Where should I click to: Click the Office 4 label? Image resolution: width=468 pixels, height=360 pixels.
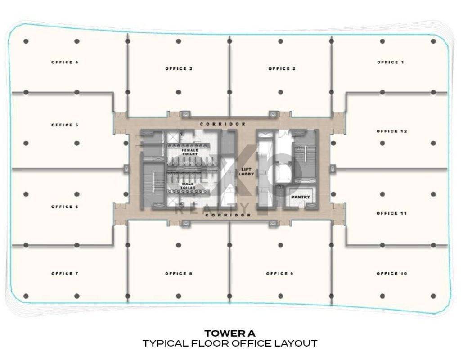click(x=65, y=62)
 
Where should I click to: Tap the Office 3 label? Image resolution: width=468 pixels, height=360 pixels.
click(x=179, y=69)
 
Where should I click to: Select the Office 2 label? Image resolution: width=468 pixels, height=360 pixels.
click(x=282, y=69)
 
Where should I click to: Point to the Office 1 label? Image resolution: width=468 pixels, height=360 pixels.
click(x=391, y=62)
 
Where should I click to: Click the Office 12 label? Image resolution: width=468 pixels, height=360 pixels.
click(x=391, y=131)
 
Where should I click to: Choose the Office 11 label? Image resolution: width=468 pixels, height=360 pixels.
click(x=391, y=213)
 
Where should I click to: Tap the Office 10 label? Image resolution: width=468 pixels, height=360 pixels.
click(x=391, y=274)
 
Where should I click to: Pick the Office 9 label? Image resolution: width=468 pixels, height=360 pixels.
click(x=279, y=274)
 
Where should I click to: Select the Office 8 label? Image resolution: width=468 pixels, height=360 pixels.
click(x=179, y=274)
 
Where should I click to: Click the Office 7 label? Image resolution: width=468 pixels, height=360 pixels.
click(x=65, y=274)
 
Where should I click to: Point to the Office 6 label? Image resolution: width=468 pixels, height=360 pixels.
click(x=65, y=207)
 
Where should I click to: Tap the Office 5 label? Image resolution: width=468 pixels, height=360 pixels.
click(x=65, y=125)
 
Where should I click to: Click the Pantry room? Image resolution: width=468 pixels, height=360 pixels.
click(x=300, y=197)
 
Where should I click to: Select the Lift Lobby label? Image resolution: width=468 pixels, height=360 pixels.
click(x=246, y=171)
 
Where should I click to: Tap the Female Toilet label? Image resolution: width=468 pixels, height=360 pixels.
click(x=190, y=152)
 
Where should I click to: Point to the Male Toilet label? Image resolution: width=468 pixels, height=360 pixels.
click(x=188, y=186)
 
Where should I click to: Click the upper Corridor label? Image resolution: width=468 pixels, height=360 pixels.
click(x=223, y=124)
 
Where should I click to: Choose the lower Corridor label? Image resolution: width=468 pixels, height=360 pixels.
click(x=228, y=215)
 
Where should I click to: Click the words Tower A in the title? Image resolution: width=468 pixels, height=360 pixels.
click(x=230, y=333)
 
